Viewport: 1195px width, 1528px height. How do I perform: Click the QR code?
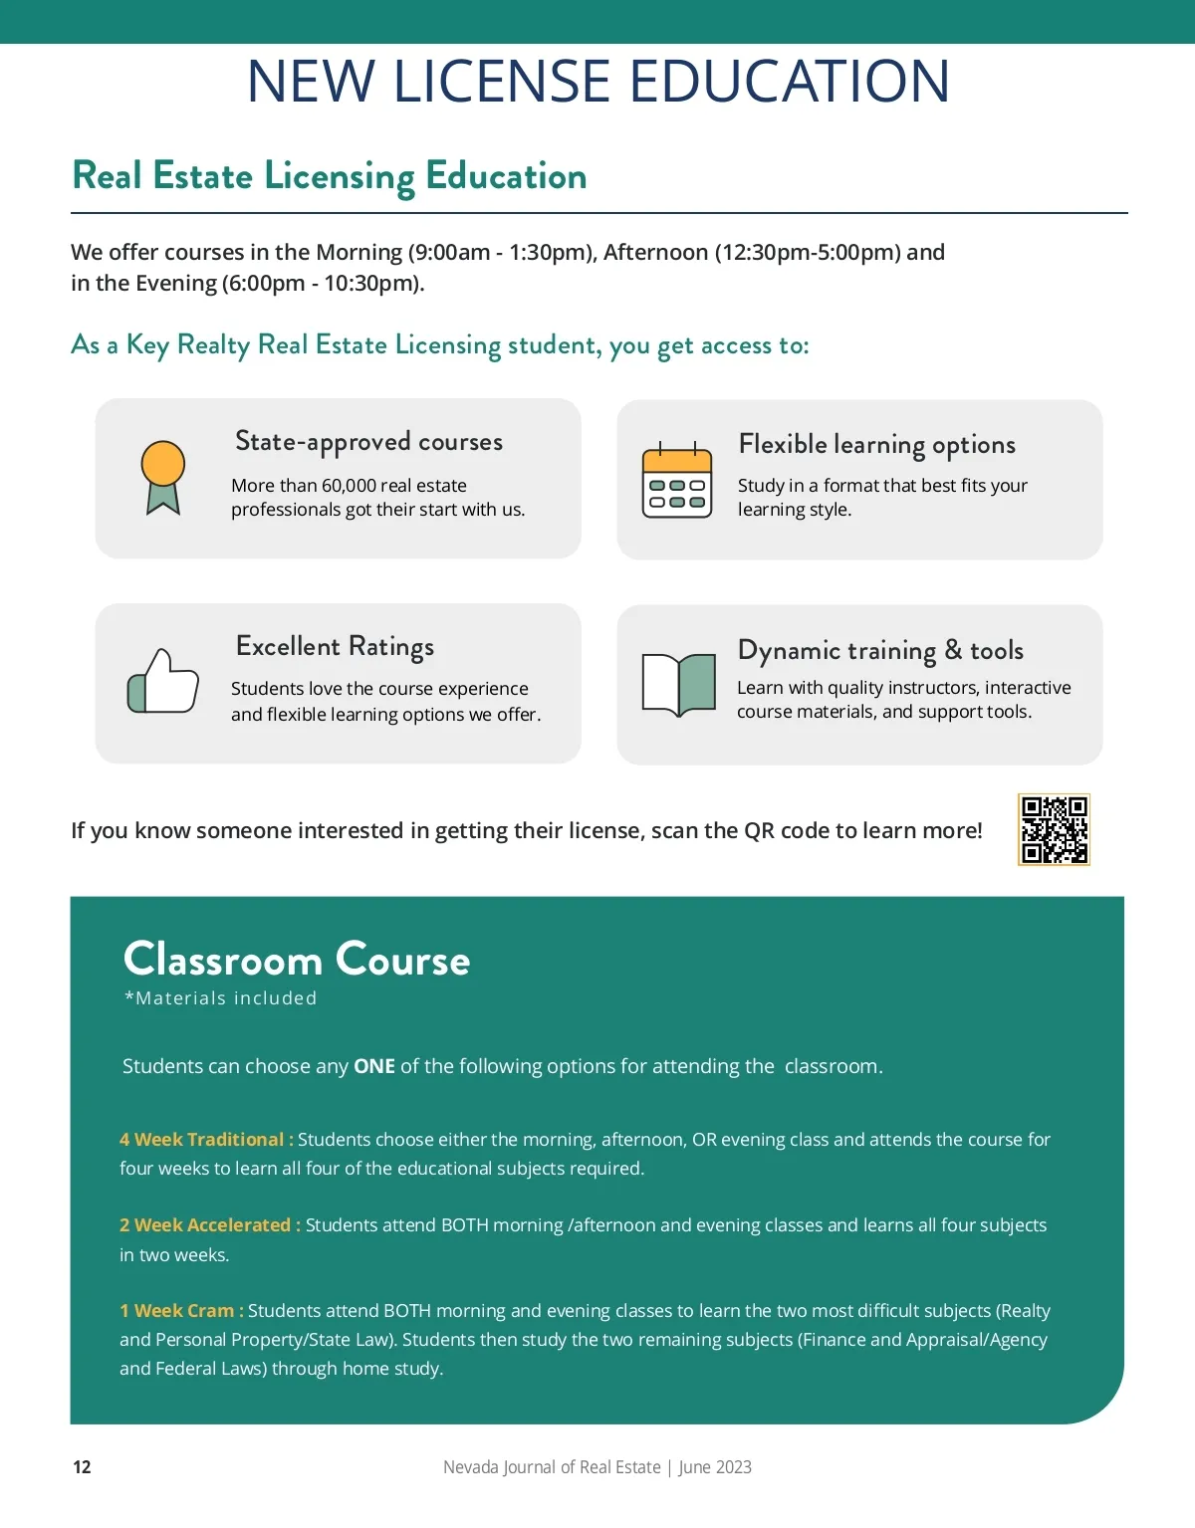[x=1054, y=829]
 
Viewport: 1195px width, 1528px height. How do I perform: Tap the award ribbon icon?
[x=163, y=477]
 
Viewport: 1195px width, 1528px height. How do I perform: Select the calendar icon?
[x=677, y=481]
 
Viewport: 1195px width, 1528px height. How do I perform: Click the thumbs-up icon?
[x=163, y=682]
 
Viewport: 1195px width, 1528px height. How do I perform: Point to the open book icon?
[x=679, y=684]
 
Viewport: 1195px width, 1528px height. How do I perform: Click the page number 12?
[x=82, y=1466]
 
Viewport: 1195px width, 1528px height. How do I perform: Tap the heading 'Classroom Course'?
[x=296, y=960]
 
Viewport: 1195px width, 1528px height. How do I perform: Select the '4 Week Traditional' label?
[x=202, y=1139]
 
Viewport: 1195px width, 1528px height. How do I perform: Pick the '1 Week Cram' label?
[x=177, y=1310]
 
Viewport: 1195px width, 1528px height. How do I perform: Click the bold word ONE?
[x=374, y=1066]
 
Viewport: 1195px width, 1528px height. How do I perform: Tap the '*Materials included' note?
[x=220, y=998]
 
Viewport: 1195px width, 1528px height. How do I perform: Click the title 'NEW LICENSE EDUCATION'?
[x=597, y=82]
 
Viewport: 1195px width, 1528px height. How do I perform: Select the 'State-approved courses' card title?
[x=368, y=441]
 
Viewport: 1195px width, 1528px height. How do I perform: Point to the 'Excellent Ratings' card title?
[x=335, y=646]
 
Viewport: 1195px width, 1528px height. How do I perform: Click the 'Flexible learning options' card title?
[x=876, y=444]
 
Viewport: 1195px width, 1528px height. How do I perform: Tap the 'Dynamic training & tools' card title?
[x=880, y=650]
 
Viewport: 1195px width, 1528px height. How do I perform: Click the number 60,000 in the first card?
[x=349, y=486]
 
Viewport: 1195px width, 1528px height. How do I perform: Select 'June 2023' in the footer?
[x=715, y=1466]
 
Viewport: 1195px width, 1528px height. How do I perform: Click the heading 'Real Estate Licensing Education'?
[x=330, y=176]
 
